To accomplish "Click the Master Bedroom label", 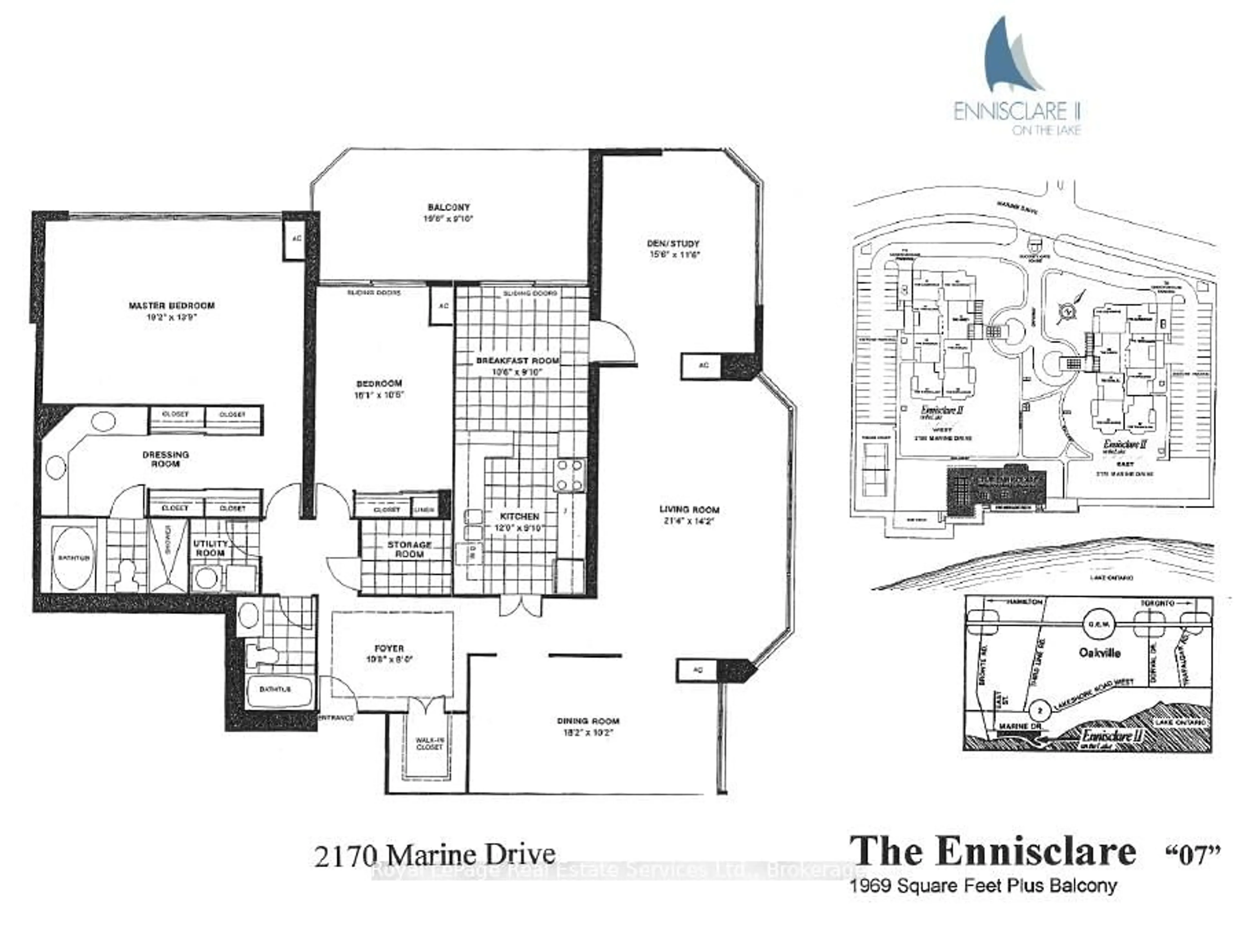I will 171,306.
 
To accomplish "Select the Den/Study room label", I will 673,243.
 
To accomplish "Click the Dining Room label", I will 588,721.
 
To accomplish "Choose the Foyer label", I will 389,649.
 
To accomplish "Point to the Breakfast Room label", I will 517,360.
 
